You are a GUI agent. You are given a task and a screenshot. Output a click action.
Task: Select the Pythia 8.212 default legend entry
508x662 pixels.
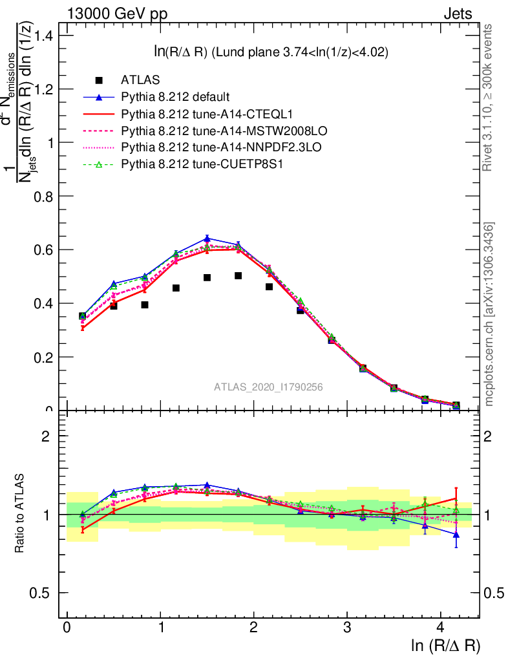click(175, 98)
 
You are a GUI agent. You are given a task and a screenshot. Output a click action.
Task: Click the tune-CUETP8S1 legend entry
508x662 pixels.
click(185, 165)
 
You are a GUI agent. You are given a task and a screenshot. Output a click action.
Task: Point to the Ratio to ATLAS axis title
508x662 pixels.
click(21, 515)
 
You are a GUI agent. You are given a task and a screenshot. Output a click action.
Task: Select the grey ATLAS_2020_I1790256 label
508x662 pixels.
click(268, 387)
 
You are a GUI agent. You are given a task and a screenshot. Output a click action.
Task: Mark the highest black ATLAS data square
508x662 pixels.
click(238, 275)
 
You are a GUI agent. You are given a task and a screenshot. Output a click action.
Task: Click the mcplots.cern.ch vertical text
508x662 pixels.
click(490, 314)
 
